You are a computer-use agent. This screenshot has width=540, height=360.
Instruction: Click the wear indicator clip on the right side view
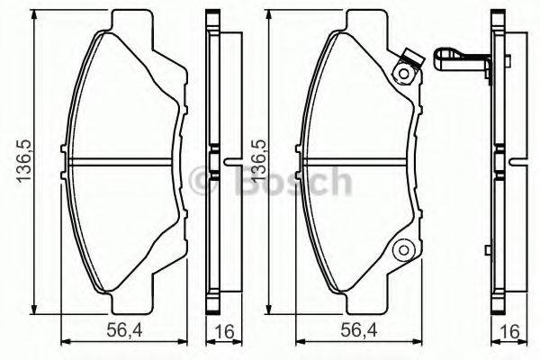tap(459, 60)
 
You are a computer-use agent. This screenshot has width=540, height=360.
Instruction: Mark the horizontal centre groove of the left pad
tap(126, 163)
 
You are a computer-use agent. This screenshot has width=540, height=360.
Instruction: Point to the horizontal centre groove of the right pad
tap(360, 163)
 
